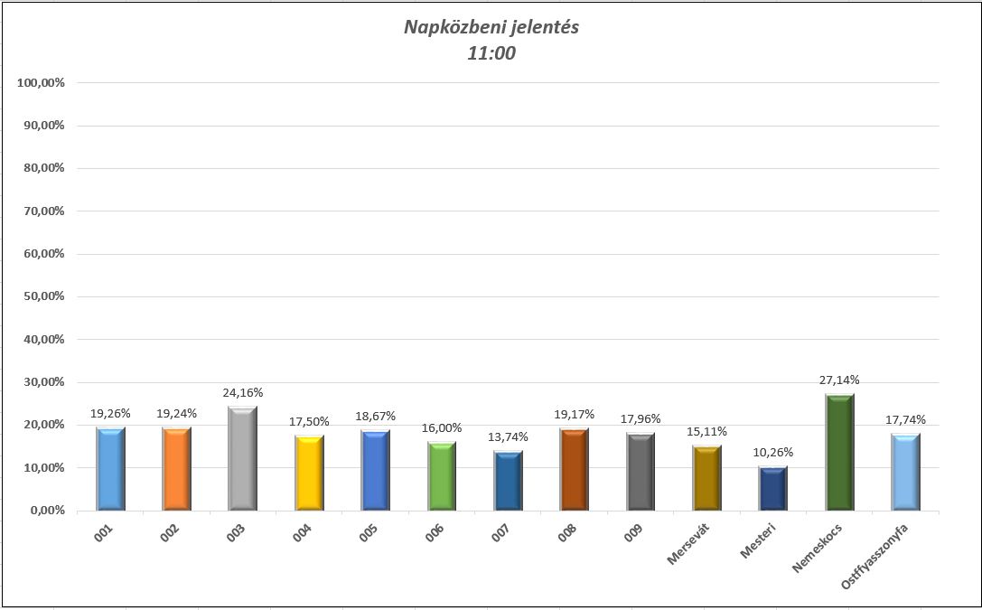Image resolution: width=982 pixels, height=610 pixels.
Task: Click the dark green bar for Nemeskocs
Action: pyautogui.click(x=840, y=452)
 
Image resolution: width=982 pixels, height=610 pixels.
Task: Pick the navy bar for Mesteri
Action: pyautogui.click(x=773, y=488)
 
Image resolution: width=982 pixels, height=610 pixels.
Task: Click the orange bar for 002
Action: pyautogui.click(x=176, y=469)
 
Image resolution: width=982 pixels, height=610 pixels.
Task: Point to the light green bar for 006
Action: pyautogui.click(x=442, y=476)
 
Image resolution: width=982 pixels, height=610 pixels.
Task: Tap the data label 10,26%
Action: pyautogui.click(x=773, y=452)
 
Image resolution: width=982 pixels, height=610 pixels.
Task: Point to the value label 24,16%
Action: pyautogui.click(x=243, y=392)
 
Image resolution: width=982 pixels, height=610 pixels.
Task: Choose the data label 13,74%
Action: pyautogui.click(x=509, y=436)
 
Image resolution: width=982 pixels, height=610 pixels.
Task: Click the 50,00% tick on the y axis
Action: pyautogui.click(x=41, y=296)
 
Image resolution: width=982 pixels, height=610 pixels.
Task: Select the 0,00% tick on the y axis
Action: pyautogui.click(x=43, y=511)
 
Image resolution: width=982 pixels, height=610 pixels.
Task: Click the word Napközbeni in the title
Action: pyautogui.click(x=447, y=27)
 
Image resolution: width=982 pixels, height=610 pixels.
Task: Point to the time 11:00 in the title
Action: pyautogui.click(x=491, y=53)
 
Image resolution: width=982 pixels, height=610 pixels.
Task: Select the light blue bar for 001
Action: pyautogui.click(x=110, y=469)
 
